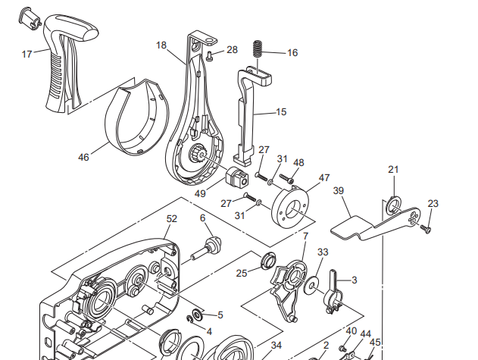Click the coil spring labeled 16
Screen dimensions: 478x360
pyautogui.click(x=258, y=49)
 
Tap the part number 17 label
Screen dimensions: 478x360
pyautogui.click(x=27, y=55)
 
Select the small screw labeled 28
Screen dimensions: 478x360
pyautogui.click(x=209, y=56)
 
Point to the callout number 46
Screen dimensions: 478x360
pyautogui.click(x=83, y=158)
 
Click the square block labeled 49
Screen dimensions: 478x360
pyautogui.click(x=237, y=178)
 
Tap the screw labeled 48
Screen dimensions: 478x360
pyautogui.click(x=286, y=178)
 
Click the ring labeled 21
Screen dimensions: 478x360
pyautogui.click(x=394, y=205)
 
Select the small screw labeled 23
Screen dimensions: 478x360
pyautogui.click(x=426, y=229)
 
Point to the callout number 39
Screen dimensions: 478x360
pyautogui.click(x=339, y=191)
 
